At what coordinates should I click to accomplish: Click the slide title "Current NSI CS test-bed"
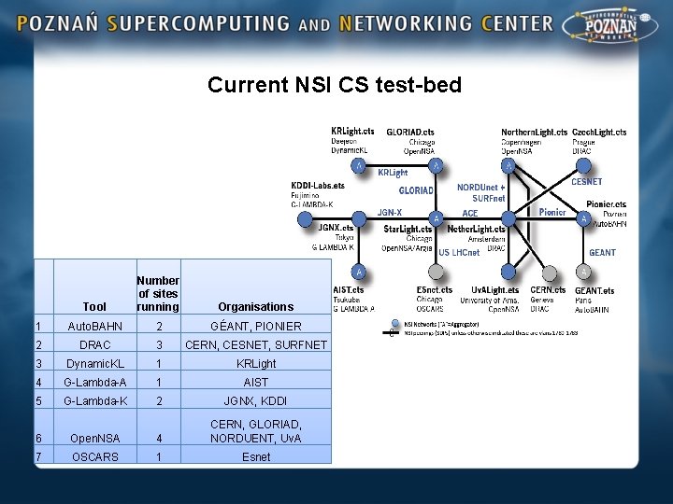click(x=335, y=85)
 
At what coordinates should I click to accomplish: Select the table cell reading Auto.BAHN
click(x=94, y=327)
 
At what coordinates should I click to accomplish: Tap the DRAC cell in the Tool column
click(x=94, y=344)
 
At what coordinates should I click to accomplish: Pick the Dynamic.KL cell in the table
click(x=94, y=363)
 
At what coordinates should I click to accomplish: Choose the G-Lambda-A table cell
click(x=94, y=382)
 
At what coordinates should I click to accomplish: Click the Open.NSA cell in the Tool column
click(x=94, y=438)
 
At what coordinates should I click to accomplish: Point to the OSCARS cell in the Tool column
click(x=94, y=456)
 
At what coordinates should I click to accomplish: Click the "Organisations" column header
click(x=255, y=306)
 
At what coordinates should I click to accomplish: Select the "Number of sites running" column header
click(x=158, y=293)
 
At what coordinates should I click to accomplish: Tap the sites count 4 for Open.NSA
click(x=160, y=438)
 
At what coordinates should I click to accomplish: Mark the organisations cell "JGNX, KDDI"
click(x=255, y=400)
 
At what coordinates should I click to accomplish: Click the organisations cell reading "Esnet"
click(x=255, y=456)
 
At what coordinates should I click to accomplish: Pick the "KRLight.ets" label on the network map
click(x=353, y=132)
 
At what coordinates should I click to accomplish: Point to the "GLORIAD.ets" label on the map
click(x=410, y=132)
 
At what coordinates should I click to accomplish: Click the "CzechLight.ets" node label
click(x=599, y=132)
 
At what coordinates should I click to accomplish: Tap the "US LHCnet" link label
click(x=458, y=253)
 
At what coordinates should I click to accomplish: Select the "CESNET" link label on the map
click(x=586, y=182)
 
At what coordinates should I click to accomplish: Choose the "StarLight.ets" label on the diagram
click(x=406, y=229)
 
